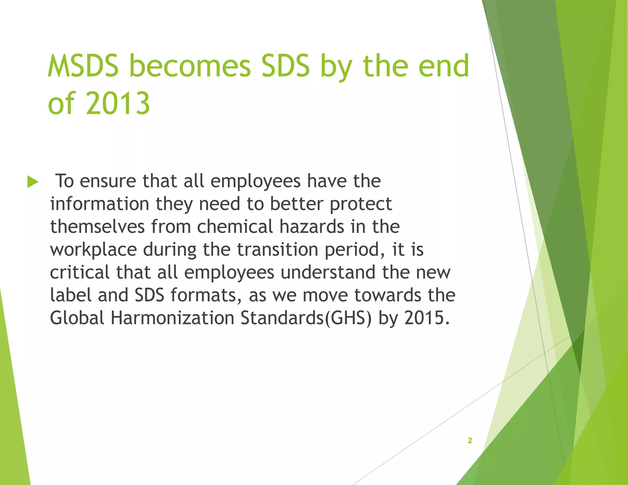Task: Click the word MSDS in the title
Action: (83, 66)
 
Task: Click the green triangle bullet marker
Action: (33, 182)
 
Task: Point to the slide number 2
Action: (469, 441)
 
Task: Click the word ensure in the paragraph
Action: (108, 181)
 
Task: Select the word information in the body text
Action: (99, 204)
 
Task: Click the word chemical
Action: (235, 227)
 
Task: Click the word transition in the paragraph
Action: (278, 250)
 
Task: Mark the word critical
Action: (79, 272)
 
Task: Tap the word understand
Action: (328, 272)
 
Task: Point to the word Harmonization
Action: (172, 318)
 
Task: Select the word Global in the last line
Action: (77, 318)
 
